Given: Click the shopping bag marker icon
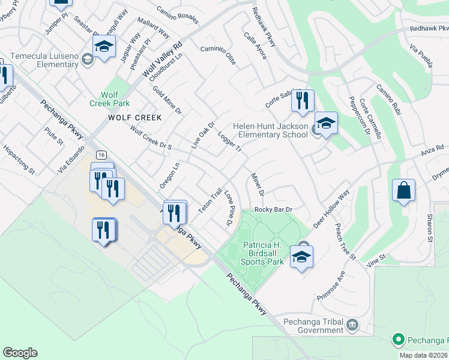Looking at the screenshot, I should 404,191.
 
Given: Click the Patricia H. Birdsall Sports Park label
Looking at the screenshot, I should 262,253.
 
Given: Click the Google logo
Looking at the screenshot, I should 20,353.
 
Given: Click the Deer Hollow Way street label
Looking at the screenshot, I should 331,209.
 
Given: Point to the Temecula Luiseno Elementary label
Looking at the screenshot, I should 40,58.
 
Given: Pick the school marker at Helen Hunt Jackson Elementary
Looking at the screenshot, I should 326,124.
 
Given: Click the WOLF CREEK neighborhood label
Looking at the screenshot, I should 135,118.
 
